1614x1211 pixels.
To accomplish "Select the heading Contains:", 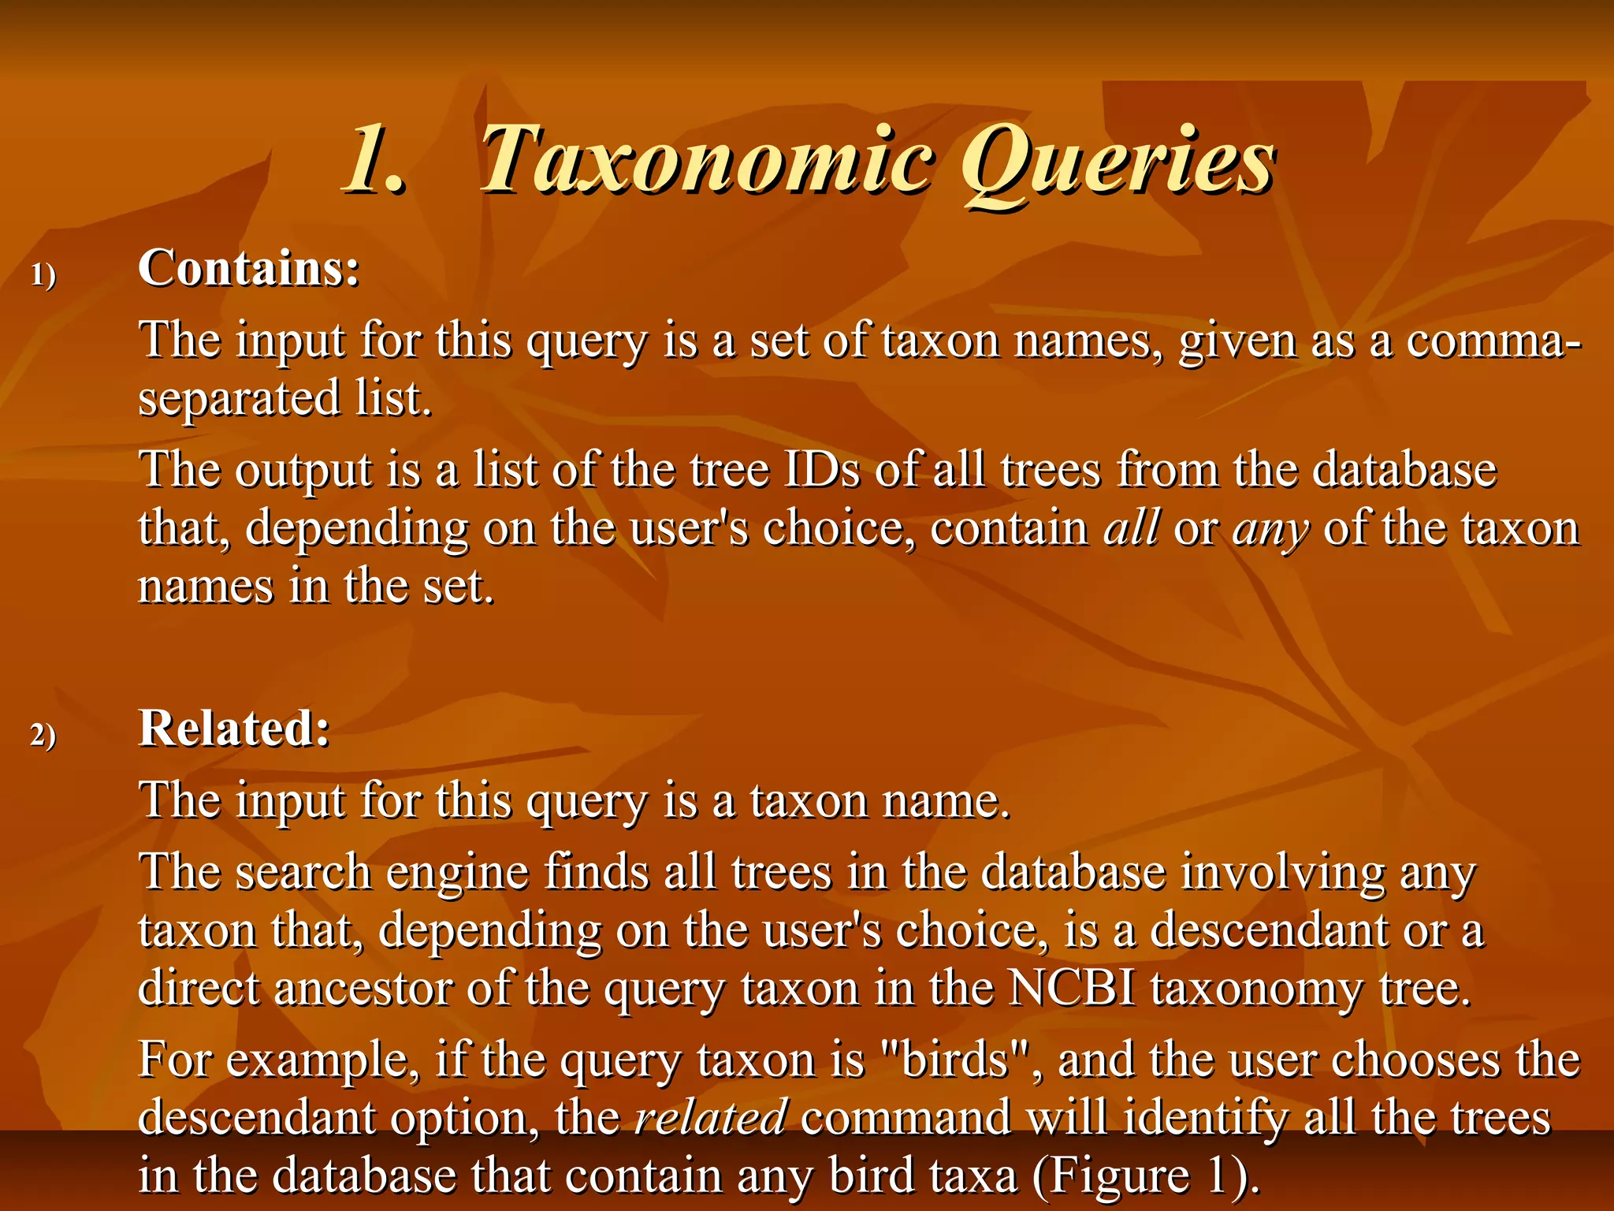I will [249, 268].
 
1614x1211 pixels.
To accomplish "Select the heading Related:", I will [234, 728].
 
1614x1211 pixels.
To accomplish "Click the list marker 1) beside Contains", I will [43, 276].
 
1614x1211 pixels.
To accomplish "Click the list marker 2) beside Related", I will [43, 736].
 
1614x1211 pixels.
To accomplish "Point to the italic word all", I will [1131, 528].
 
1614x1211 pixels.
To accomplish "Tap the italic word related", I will [710, 1118].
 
